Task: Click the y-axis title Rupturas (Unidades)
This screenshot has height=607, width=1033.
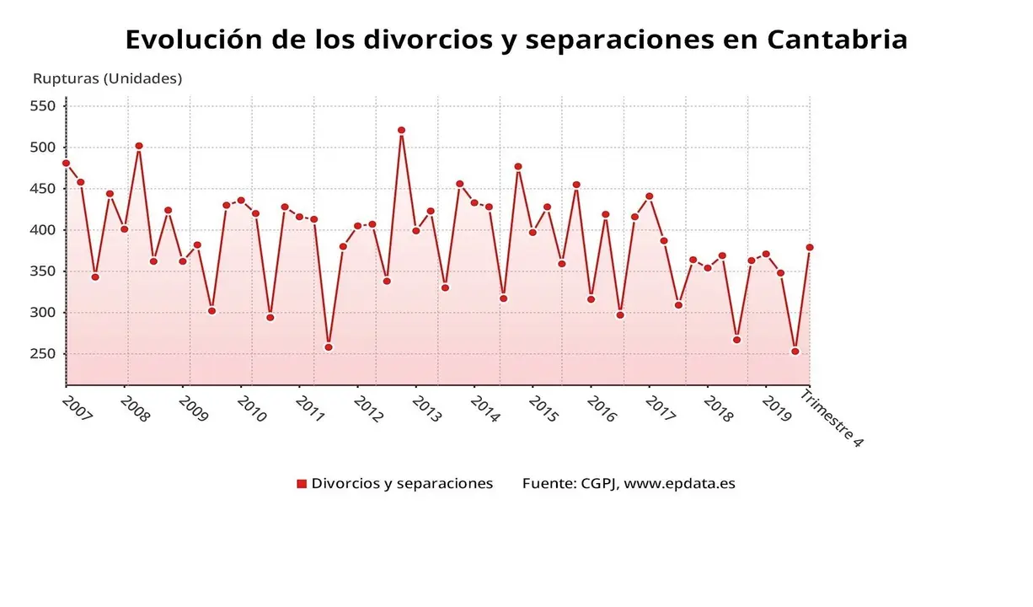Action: (107, 78)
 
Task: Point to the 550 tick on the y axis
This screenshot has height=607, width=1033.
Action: (42, 106)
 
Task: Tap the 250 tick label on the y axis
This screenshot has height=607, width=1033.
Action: (42, 354)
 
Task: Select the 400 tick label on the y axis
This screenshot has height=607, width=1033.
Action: (42, 230)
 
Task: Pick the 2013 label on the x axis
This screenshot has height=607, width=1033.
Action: (426, 409)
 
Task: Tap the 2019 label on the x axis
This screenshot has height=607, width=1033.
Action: (776, 409)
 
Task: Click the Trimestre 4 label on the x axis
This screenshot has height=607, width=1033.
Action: (832, 418)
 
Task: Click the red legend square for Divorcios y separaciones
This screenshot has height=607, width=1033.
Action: (302, 484)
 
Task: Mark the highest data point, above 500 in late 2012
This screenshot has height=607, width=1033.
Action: (401, 131)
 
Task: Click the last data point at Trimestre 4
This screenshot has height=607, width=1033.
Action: (810, 248)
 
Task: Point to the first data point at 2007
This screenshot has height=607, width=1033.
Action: (66, 164)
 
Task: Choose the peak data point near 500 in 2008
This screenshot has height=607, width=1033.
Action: (139, 146)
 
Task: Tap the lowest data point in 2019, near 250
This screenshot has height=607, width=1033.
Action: (795, 352)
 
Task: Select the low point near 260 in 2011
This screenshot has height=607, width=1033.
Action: (329, 347)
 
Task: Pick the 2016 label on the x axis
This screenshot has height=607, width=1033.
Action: (602, 409)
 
